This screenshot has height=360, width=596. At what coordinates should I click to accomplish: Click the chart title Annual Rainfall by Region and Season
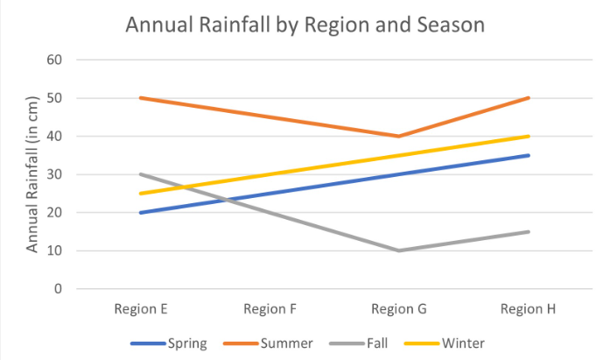[305, 25]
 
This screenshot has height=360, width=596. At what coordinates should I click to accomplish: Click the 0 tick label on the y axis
[58, 288]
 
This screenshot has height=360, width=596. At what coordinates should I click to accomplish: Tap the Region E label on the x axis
[141, 309]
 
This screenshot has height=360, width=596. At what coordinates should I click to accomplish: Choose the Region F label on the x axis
[270, 309]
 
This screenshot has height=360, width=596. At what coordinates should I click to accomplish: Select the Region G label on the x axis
[398, 309]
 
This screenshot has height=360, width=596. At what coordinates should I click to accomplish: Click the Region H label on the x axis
[527, 309]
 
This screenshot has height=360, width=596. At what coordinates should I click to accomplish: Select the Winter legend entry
[463, 342]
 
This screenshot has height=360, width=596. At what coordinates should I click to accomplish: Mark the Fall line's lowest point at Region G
[398, 251]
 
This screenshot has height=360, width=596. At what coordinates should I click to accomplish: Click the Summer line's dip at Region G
[398, 136]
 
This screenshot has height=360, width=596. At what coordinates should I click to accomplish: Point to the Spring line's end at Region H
[527, 155]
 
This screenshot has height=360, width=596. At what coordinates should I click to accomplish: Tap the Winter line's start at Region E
[141, 194]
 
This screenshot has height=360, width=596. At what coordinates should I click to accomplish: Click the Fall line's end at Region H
[527, 231]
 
